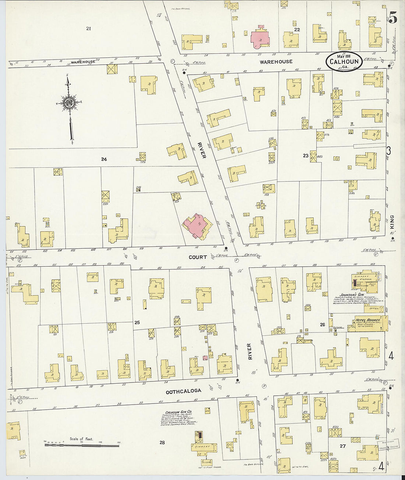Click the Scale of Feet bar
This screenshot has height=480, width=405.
coord(82,445)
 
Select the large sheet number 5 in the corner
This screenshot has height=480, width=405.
coord(393,18)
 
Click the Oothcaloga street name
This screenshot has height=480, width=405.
coord(183,391)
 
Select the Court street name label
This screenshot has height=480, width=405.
coord(198,257)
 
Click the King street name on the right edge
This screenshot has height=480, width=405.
coord(391,222)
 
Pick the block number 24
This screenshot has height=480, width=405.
coord(104,159)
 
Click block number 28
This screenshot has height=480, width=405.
coord(162,442)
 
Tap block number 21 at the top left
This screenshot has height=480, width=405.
coord(88,28)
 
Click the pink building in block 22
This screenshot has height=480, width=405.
coord(260,39)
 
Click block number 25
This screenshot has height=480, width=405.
coord(137,323)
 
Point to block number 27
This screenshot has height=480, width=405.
coord(343,446)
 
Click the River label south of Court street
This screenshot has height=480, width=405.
coord(249,351)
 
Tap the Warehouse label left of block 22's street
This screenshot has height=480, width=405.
coord(83,61)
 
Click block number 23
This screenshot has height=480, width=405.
coord(306,156)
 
